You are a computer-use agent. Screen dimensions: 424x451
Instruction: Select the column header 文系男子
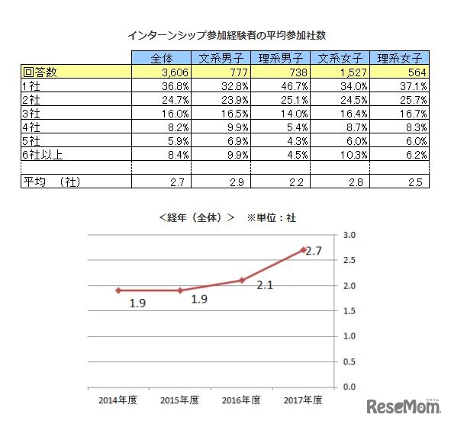pyautogui.click(x=221, y=58)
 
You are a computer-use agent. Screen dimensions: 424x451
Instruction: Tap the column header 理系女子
pyautogui.click(x=401, y=58)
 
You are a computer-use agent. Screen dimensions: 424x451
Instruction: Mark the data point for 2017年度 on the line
pyautogui.click(x=303, y=249)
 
